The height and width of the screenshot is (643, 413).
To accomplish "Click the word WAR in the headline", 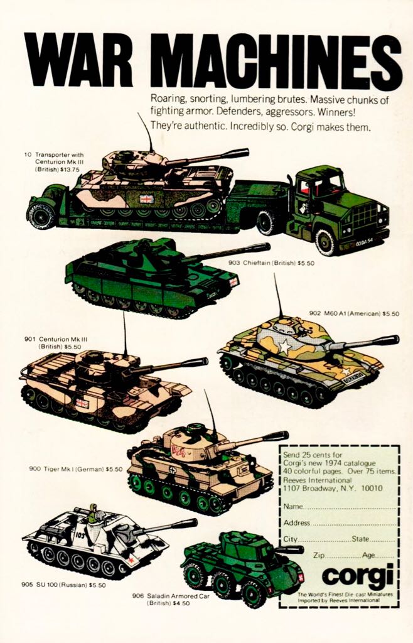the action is [x=78, y=60].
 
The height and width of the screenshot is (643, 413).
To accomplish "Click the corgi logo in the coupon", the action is [x=357, y=576].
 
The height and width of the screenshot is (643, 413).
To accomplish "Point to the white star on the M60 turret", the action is [x=286, y=347].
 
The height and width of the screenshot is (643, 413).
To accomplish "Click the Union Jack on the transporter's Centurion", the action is [x=146, y=199].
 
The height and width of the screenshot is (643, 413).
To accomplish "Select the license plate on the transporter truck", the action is [x=364, y=243].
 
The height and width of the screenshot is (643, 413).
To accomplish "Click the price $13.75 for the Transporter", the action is [x=70, y=170].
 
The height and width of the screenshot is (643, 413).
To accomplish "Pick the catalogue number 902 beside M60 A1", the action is [x=314, y=314].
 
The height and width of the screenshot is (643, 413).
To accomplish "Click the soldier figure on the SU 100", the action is [x=94, y=513].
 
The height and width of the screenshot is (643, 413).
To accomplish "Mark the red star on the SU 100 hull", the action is [x=131, y=559].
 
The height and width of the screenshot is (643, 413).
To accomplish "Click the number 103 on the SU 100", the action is [x=80, y=535].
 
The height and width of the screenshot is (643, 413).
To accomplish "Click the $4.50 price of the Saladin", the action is [x=181, y=603].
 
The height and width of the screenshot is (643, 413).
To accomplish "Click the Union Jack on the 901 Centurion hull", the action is [x=82, y=404].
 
